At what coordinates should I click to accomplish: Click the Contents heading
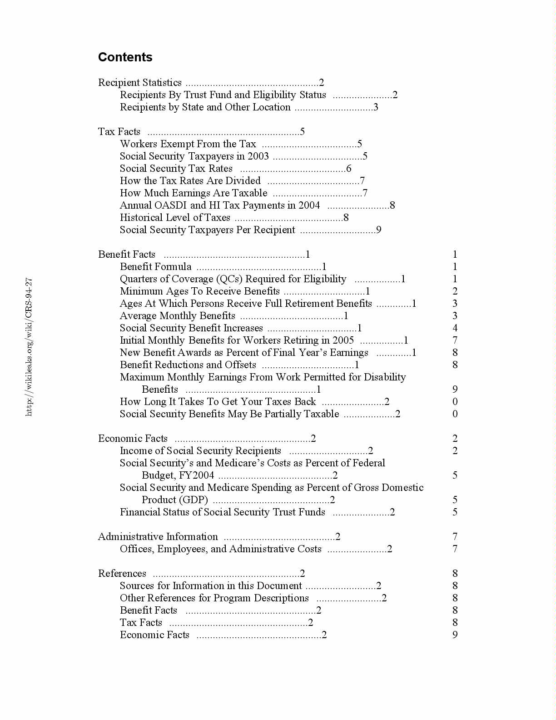[x=125, y=57]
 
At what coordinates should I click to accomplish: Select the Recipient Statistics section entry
[x=140, y=83]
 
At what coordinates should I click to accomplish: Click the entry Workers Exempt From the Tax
[x=188, y=144]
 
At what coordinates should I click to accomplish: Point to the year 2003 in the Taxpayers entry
[x=258, y=156]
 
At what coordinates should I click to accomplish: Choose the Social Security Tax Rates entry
[x=176, y=169]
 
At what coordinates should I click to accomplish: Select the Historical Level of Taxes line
[x=175, y=218]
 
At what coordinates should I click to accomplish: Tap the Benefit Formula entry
[x=155, y=267]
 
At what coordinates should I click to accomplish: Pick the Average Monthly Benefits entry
[x=177, y=316]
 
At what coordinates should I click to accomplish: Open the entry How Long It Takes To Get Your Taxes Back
[x=218, y=402]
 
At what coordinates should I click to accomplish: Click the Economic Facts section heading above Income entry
[x=133, y=439]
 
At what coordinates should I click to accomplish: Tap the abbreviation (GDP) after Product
[x=193, y=500]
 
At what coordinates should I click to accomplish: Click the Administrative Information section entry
[x=158, y=537]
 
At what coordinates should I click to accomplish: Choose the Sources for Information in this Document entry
[x=211, y=586]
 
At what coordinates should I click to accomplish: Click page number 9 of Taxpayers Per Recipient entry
[x=379, y=230]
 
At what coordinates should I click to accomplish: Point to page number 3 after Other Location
[x=376, y=107]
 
